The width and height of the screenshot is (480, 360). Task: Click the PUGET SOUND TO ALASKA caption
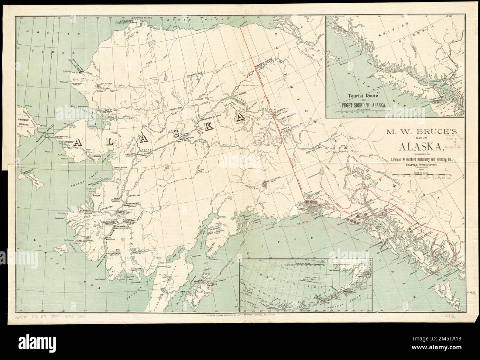[x=363, y=105]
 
